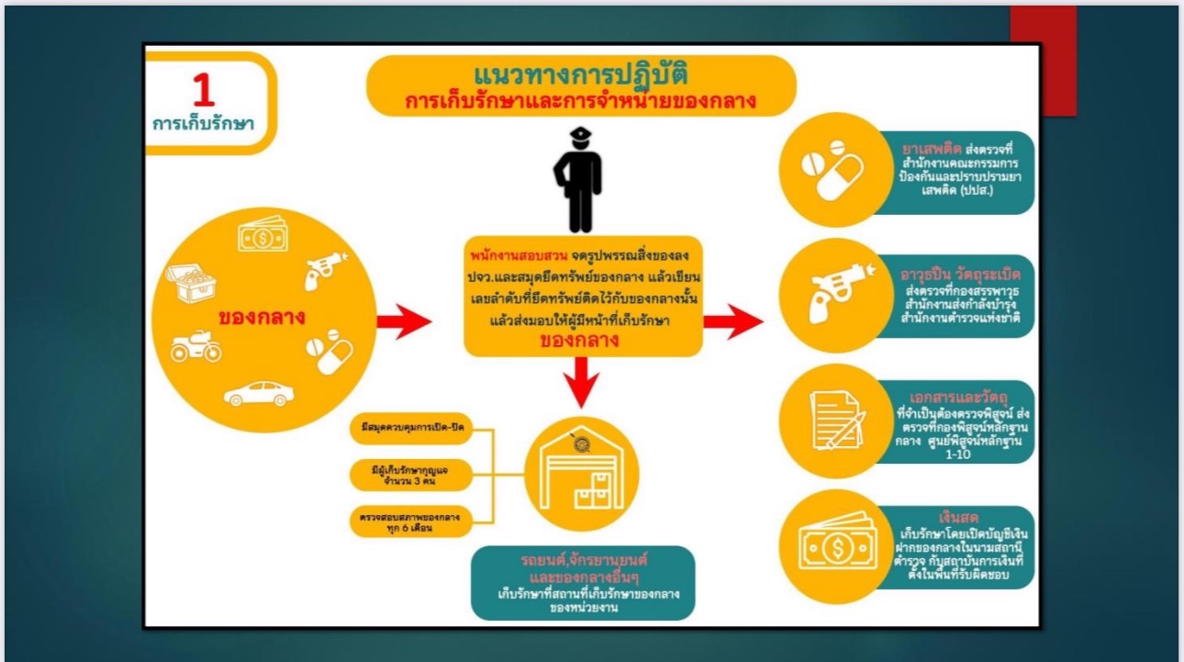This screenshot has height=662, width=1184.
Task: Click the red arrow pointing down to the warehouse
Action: tap(579, 383)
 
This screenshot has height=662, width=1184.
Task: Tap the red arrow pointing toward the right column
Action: tap(732, 321)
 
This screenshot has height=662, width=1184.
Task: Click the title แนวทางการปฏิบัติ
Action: tap(580, 73)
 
